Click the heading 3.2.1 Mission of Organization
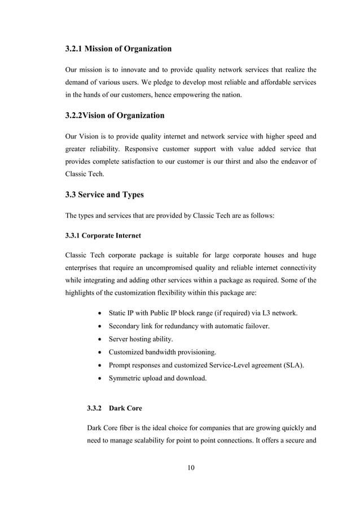(x=118, y=49)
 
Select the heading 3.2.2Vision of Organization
(x=115, y=116)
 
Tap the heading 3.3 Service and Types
(x=104, y=195)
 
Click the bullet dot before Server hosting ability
(x=100, y=339)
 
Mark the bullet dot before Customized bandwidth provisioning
(x=100, y=352)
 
